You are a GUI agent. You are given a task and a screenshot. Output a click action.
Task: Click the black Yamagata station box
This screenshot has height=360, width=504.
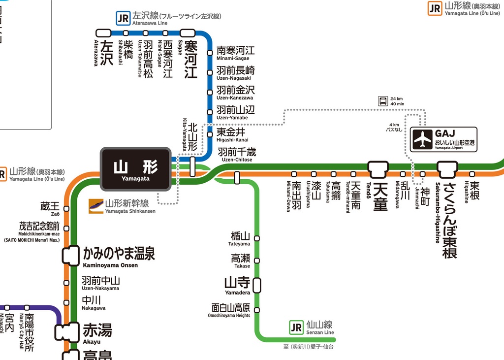point(136,169)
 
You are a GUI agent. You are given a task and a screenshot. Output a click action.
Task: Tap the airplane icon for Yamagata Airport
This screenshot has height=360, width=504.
point(422,139)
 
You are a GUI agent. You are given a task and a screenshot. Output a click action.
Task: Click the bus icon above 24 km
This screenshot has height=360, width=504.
point(383,101)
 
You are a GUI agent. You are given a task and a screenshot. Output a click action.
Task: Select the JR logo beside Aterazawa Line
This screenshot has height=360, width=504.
point(123,19)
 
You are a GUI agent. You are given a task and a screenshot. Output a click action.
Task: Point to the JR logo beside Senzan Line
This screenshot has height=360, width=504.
point(296,327)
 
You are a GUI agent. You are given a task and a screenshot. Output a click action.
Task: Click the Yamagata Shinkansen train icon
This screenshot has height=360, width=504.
point(96,206)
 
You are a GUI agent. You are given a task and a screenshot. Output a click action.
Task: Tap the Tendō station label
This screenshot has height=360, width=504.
point(379,196)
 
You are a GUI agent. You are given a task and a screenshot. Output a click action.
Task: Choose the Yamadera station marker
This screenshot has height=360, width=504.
point(256,285)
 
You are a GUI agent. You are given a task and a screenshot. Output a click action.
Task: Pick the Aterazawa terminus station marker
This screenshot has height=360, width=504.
point(103,33)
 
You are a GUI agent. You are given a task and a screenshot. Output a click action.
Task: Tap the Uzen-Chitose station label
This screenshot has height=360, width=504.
point(237,154)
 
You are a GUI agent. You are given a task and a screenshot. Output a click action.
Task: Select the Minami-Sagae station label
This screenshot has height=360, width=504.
point(236,53)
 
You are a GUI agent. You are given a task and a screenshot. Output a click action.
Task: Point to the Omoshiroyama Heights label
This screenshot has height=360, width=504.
point(230,310)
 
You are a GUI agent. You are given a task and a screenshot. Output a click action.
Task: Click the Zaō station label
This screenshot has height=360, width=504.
point(50,208)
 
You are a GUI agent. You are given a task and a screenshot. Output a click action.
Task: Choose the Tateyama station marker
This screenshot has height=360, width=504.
point(256,238)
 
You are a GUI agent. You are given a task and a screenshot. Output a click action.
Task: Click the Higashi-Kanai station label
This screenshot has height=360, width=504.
point(232,134)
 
